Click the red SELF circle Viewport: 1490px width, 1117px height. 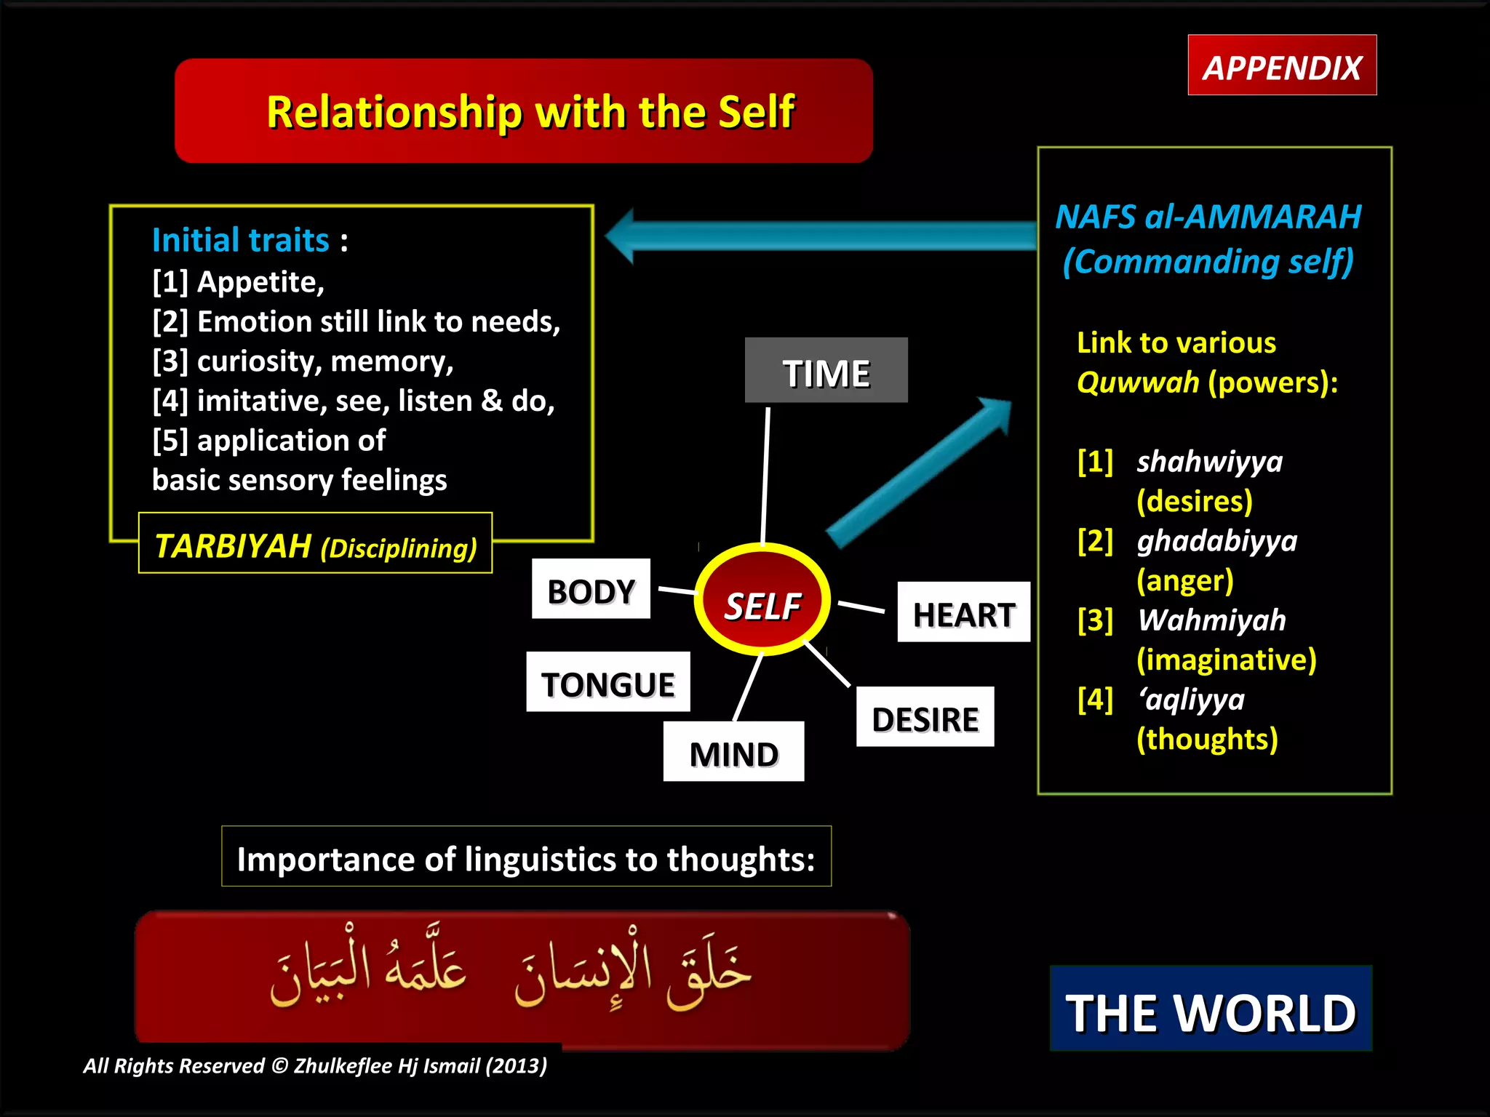point(762,601)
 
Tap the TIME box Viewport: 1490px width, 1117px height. point(826,371)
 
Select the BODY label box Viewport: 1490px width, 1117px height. point(591,590)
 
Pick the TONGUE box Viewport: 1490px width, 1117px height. point(607,683)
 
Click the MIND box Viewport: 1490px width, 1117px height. point(733,753)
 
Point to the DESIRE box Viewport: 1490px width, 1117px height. point(925,718)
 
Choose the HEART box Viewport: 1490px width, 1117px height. point(963,613)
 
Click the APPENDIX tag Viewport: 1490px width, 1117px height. point(1282,66)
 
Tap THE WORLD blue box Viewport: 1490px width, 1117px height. point(1211,1010)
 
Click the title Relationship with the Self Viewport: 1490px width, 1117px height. point(530,112)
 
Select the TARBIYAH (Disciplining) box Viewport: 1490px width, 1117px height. point(315,545)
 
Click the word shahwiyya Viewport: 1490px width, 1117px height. point(1209,461)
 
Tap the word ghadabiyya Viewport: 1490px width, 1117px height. point(1216,540)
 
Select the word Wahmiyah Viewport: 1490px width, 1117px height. point(1211,620)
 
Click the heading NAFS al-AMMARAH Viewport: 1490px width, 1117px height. point(1208,217)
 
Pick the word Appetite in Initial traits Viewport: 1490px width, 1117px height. point(260,282)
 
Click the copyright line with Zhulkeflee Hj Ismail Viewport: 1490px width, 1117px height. point(314,1066)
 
